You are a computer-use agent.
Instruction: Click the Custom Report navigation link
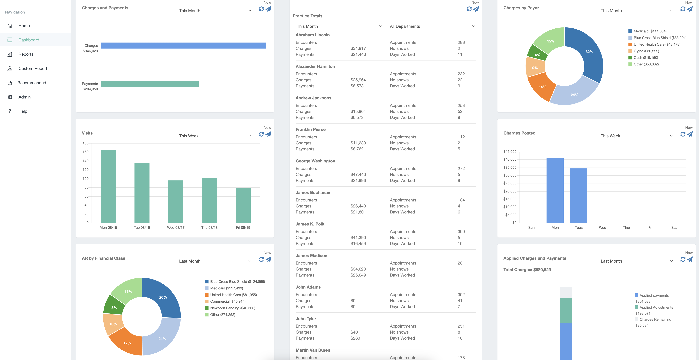pos(33,68)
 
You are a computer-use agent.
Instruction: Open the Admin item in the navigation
pos(24,97)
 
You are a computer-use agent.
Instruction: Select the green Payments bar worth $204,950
pos(149,84)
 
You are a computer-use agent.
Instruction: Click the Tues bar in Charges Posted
pos(578,195)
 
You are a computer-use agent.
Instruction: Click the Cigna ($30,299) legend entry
pos(646,51)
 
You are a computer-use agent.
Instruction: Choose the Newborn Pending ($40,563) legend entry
pos(232,308)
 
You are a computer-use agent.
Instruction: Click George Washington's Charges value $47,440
pos(358,175)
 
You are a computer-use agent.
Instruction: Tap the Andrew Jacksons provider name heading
pos(313,98)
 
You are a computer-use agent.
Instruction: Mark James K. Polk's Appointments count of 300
pos(461,232)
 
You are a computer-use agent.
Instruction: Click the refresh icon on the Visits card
pos(261,134)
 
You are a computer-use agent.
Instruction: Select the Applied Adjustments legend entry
pos(656,307)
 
